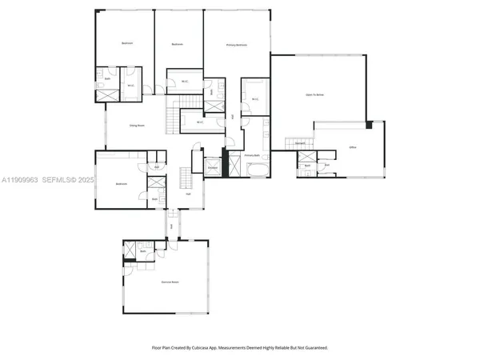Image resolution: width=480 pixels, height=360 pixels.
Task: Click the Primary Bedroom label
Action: [x=237, y=46]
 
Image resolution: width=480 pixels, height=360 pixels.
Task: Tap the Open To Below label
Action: [x=314, y=94]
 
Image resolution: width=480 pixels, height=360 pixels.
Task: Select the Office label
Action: [x=353, y=149]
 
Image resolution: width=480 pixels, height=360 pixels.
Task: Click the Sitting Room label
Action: [x=137, y=126]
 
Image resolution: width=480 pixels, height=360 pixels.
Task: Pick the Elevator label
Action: [x=213, y=167]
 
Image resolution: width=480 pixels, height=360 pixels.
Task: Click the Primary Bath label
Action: [x=254, y=155]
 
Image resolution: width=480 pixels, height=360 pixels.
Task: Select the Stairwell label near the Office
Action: [x=301, y=143]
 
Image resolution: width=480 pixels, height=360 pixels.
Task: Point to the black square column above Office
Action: [x=370, y=125]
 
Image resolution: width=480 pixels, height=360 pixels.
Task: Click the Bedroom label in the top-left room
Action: [x=127, y=42]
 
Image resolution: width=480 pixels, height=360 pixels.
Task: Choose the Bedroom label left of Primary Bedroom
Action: [x=178, y=44]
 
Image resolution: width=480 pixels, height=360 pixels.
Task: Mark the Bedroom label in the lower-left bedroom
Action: [x=121, y=184]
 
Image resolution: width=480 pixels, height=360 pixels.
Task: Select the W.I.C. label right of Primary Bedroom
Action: [x=254, y=99]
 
